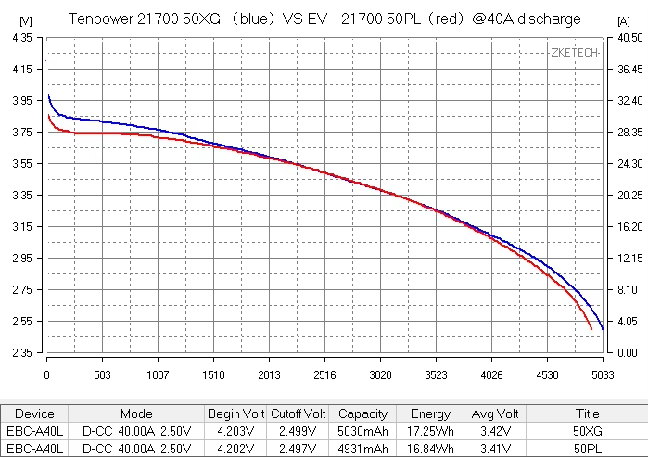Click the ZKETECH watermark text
coord(575,52)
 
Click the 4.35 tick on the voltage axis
coord(21,37)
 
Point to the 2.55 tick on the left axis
coord(21,322)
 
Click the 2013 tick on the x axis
coord(269,374)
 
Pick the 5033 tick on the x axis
coord(603,374)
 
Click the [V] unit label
coord(25,19)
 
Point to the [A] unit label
coord(623,19)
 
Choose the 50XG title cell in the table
coord(588,432)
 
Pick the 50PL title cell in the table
coord(588,449)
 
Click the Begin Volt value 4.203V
coord(235,432)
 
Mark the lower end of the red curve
coord(591,329)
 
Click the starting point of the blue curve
coord(48,95)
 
